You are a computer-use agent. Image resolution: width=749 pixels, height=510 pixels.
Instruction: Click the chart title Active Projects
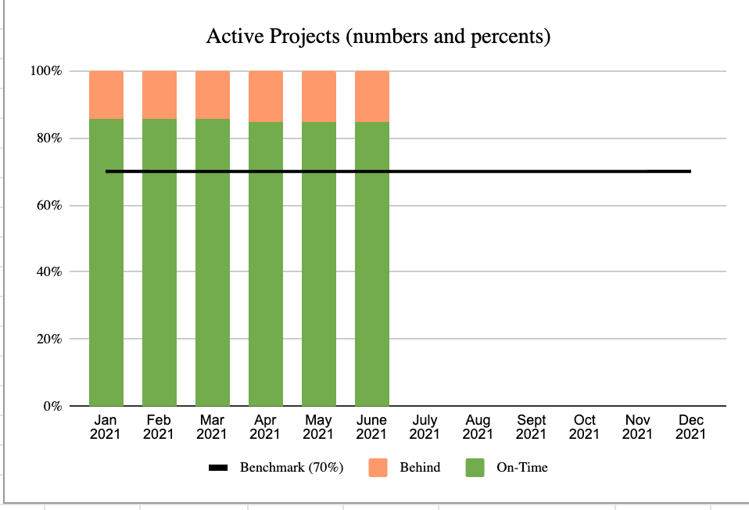pos(378,37)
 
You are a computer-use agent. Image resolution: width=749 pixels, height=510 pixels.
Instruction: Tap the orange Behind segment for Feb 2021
pos(159,95)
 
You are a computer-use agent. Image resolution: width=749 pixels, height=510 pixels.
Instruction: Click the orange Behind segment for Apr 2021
pos(266,96)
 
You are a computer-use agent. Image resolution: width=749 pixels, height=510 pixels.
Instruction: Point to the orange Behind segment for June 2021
pos(372,96)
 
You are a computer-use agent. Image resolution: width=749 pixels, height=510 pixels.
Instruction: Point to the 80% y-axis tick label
pos(48,138)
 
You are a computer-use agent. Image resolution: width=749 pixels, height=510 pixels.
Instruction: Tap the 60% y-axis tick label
pos(48,206)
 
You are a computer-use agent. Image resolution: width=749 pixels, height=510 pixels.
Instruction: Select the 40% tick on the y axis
pos(48,272)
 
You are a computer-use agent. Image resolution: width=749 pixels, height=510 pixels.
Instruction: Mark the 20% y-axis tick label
pos(48,339)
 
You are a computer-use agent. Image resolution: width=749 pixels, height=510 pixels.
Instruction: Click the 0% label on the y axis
pos(52,407)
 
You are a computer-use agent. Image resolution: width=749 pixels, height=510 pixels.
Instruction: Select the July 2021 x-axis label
pos(425,427)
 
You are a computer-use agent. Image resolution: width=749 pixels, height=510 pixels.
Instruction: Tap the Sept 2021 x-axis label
pos(532,427)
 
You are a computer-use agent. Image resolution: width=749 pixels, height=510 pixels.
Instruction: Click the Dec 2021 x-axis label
pos(691,427)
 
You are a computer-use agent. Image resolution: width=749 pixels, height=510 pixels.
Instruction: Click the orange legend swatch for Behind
pos(378,468)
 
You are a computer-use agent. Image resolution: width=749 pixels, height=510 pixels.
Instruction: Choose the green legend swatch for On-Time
pos(475,468)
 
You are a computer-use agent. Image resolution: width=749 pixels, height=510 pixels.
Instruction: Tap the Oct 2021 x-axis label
pos(585,427)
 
